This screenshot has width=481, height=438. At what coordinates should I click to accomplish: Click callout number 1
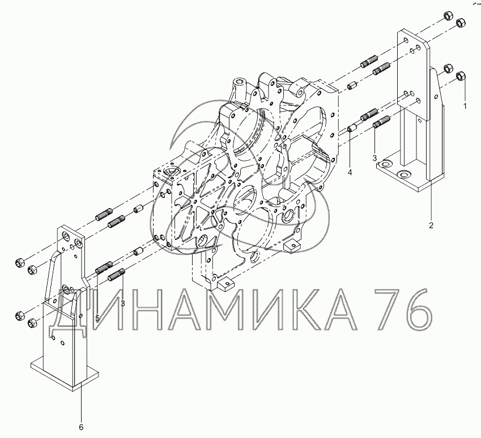click(465, 106)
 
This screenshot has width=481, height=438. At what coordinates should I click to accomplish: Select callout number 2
click(431, 225)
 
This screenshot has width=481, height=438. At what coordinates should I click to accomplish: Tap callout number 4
click(350, 173)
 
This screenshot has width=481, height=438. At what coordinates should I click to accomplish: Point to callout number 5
click(97, 319)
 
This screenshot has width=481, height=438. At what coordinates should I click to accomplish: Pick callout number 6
click(81, 427)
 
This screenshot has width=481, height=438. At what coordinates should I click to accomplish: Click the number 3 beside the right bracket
click(374, 158)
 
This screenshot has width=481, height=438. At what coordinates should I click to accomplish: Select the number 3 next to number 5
click(123, 303)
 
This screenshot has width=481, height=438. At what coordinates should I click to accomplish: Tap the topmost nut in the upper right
click(448, 15)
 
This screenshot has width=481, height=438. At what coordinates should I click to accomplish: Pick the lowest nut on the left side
click(32, 323)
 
